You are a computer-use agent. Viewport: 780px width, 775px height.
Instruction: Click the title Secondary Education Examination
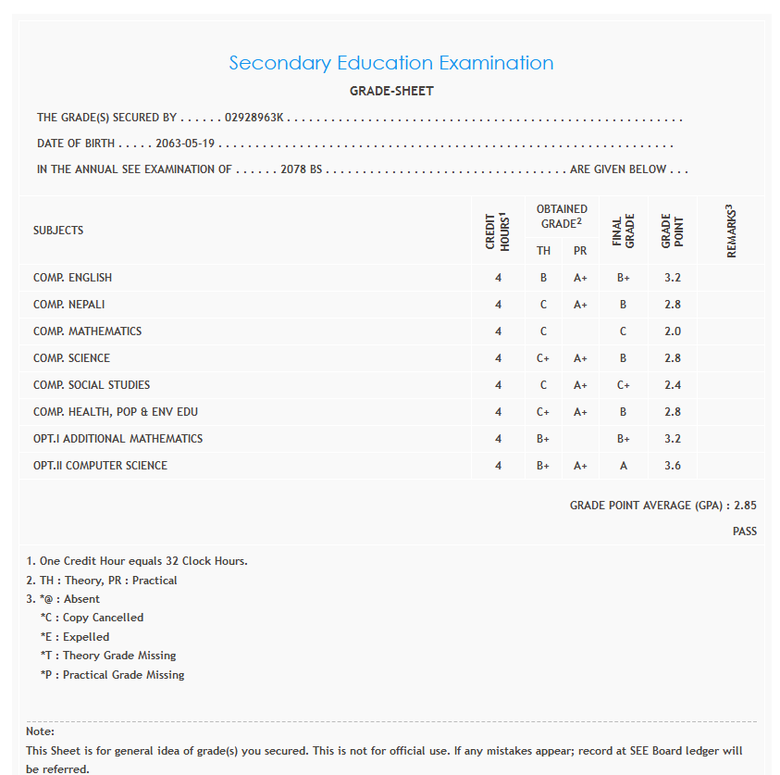tap(390, 63)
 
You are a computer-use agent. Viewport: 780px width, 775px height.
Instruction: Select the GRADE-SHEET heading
tap(390, 91)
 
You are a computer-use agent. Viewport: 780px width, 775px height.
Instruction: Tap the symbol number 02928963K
tap(254, 119)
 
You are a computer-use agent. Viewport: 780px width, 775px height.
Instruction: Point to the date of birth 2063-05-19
tap(185, 144)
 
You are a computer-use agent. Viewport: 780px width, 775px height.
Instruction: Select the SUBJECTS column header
tap(58, 231)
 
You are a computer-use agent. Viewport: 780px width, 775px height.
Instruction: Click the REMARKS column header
tap(731, 231)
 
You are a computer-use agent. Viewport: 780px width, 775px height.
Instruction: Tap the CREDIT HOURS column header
tap(498, 231)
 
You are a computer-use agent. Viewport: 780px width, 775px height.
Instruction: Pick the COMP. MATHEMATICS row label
tap(87, 331)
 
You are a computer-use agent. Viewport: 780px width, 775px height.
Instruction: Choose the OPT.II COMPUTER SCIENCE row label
tap(100, 466)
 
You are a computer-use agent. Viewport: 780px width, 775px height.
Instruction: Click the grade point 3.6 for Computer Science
tap(673, 466)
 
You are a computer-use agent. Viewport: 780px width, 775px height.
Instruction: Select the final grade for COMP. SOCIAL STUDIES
tap(624, 385)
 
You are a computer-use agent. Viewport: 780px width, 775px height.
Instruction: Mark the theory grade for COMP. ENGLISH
tap(543, 278)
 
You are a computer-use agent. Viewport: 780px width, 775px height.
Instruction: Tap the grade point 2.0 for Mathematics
tap(673, 331)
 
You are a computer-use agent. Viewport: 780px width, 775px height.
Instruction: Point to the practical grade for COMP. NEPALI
tap(580, 305)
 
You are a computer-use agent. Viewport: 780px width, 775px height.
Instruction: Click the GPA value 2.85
tap(745, 506)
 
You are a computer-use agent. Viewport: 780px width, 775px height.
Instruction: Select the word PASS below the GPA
tap(744, 531)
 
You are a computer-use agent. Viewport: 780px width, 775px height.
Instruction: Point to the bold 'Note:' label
tap(41, 731)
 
